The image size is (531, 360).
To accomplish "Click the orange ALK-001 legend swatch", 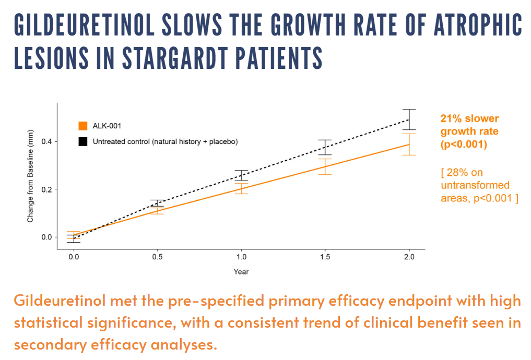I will pyautogui.click(x=82, y=126).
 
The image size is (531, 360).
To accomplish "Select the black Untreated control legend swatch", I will pyautogui.click(x=82, y=141).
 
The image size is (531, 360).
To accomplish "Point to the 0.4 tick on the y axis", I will pyautogui.click(x=54, y=141).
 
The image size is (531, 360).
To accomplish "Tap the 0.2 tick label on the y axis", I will pyautogui.click(x=46, y=189).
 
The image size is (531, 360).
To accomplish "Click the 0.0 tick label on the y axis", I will pyautogui.click(x=46, y=237).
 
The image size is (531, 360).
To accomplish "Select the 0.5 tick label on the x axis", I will pyautogui.click(x=157, y=257).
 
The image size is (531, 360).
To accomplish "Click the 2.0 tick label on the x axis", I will pyautogui.click(x=409, y=257).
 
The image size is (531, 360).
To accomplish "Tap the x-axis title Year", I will pyautogui.click(x=241, y=271).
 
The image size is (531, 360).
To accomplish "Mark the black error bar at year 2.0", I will pyautogui.click(x=409, y=119).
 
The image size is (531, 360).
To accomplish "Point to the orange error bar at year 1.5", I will pyautogui.click(x=325, y=166).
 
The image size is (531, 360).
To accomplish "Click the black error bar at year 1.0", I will pyautogui.click(x=241, y=175).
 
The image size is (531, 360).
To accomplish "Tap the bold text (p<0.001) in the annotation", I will pyautogui.click(x=464, y=145).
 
